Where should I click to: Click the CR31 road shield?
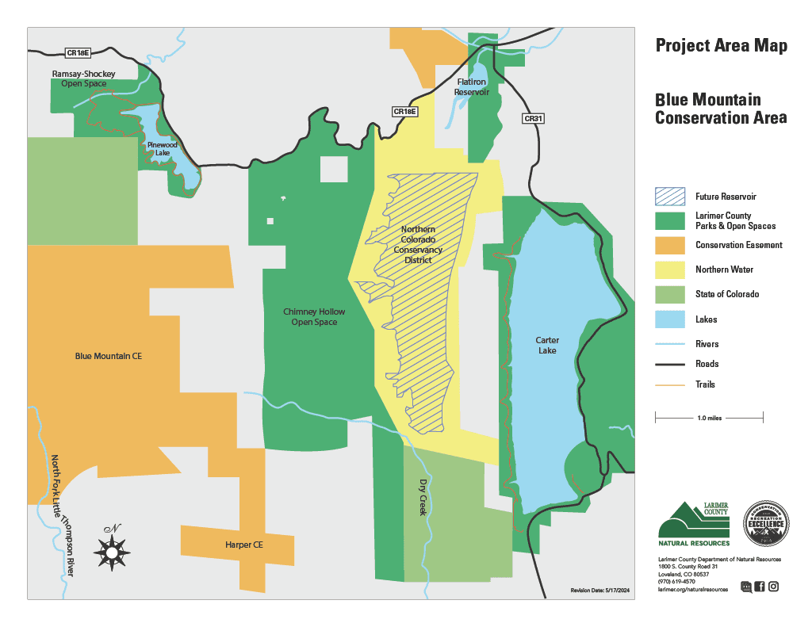(534, 119)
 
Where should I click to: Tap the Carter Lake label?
(547, 345)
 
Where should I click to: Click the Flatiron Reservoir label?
(472, 87)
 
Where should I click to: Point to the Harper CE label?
(243, 545)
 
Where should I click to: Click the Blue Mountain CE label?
(108, 357)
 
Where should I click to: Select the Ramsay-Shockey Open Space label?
(83, 78)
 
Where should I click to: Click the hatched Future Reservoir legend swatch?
(670, 196)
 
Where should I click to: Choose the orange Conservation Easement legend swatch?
(670, 245)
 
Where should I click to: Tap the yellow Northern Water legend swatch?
(670, 270)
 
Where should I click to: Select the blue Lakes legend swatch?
(670, 319)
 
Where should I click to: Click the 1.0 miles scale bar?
(709, 416)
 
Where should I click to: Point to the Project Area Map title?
(721, 46)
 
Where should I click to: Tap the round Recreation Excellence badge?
(766, 523)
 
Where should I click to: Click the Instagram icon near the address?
(773, 587)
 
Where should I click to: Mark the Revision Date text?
(599, 591)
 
